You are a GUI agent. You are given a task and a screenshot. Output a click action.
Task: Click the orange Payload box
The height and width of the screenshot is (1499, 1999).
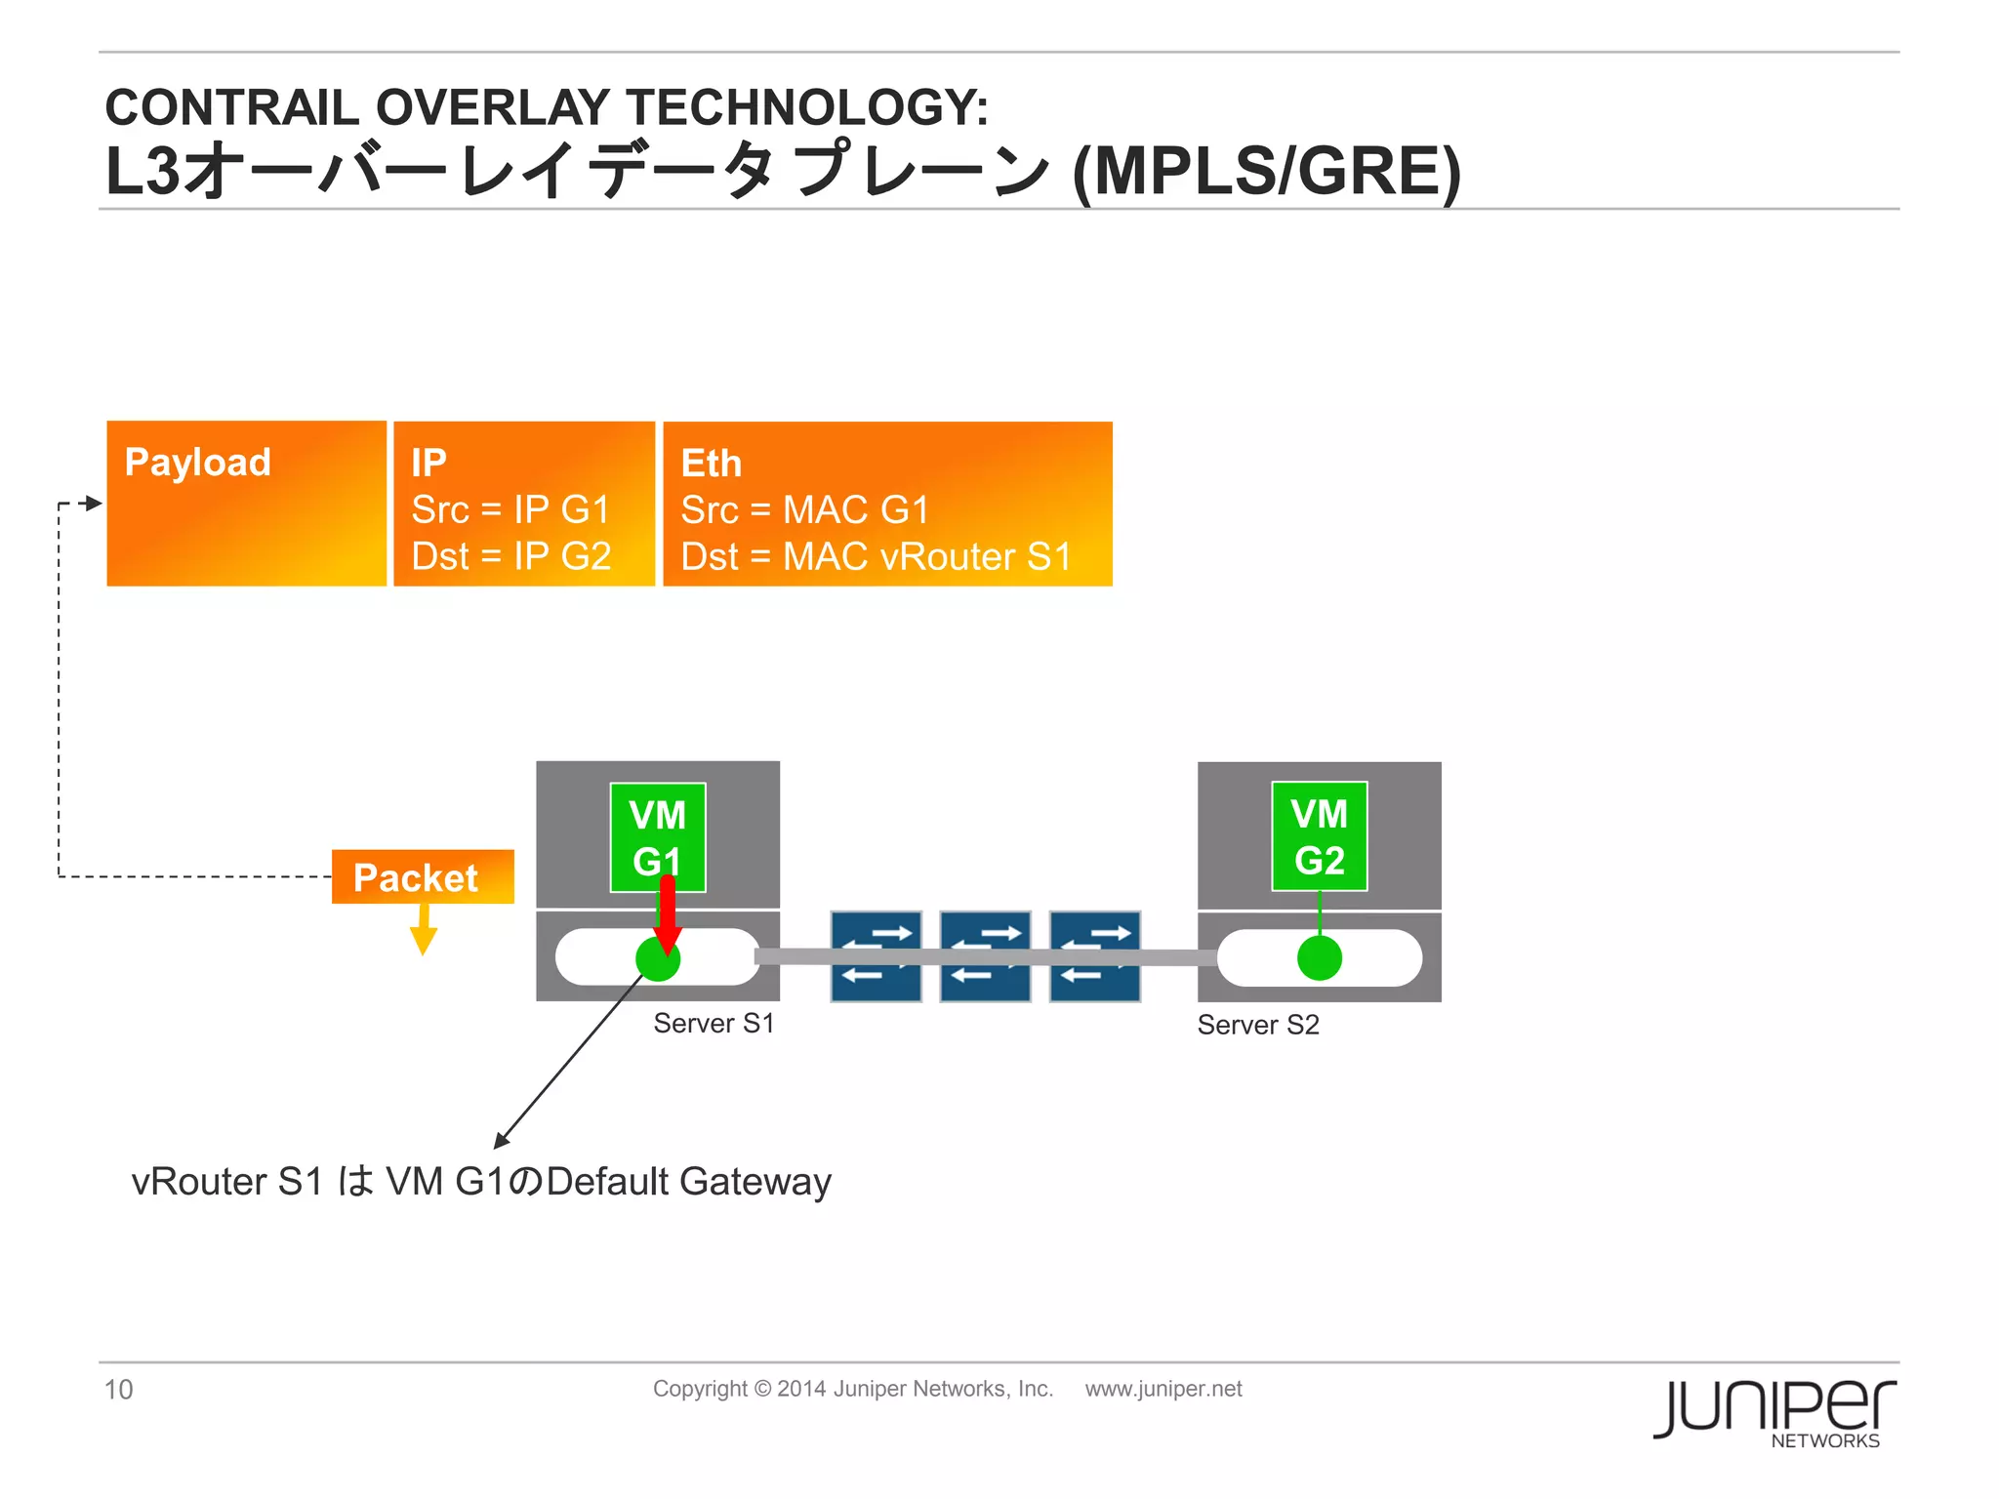246,504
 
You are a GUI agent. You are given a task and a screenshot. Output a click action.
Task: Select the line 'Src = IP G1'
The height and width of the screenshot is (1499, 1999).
510,509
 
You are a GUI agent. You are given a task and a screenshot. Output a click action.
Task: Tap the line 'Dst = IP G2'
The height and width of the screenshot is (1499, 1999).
510,556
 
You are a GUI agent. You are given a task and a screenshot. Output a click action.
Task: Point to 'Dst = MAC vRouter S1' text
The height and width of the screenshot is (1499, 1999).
876,556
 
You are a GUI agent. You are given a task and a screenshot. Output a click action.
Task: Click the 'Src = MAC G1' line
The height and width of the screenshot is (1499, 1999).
804,509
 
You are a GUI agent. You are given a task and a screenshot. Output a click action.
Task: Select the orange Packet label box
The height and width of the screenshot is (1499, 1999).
422,877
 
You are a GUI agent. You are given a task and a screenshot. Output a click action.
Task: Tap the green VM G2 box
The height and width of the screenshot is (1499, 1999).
1319,836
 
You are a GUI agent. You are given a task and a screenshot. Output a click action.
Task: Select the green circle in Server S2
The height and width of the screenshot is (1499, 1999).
1319,957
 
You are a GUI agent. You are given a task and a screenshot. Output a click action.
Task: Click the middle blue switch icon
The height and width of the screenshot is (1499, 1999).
985,956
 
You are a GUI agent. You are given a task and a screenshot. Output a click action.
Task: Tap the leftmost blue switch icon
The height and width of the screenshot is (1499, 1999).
876,956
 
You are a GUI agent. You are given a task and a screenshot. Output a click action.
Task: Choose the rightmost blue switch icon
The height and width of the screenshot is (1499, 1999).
1094,956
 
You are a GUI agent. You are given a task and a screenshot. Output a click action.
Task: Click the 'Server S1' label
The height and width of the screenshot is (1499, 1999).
714,1023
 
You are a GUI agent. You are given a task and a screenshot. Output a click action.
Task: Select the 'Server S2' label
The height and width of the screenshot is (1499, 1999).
1257,1025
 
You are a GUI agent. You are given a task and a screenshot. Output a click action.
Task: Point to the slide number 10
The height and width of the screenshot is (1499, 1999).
118,1389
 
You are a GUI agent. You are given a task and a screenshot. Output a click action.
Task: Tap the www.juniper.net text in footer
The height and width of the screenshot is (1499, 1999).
1163,1389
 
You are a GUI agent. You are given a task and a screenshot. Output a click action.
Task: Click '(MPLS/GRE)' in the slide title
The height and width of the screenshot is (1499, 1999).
1266,172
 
